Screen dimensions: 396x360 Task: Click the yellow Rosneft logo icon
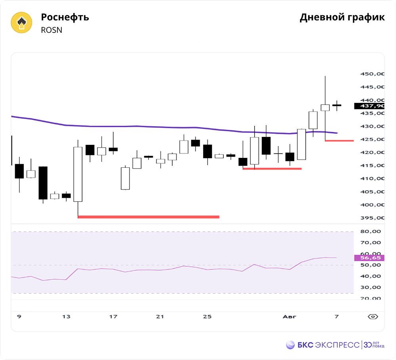[x=21, y=23]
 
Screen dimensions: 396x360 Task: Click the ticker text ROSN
[x=51, y=30]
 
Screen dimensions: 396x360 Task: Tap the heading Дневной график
[x=342, y=17]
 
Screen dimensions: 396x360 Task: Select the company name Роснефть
[x=65, y=17]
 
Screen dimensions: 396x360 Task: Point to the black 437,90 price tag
[x=369, y=106]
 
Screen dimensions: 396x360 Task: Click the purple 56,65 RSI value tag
[x=369, y=258]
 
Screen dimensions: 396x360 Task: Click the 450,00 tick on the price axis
[x=372, y=74]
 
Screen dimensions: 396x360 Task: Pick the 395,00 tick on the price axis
[x=372, y=218]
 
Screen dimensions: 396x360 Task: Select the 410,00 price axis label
[x=372, y=178]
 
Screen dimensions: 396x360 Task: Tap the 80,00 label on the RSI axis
[x=371, y=231]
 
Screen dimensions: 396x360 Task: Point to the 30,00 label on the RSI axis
[x=371, y=287]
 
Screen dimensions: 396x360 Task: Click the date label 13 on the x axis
[x=66, y=316]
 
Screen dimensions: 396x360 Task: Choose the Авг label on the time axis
[x=289, y=316]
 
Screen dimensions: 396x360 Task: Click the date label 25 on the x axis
[x=207, y=316]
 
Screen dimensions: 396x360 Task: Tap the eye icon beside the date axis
[x=373, y=316]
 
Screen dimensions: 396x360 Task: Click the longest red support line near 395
[x=148, y=217]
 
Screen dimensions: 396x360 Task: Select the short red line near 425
[x=339, y=141]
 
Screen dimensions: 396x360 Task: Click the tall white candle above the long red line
[x=78, y=174]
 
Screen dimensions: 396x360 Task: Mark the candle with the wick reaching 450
[x=325, y=108]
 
